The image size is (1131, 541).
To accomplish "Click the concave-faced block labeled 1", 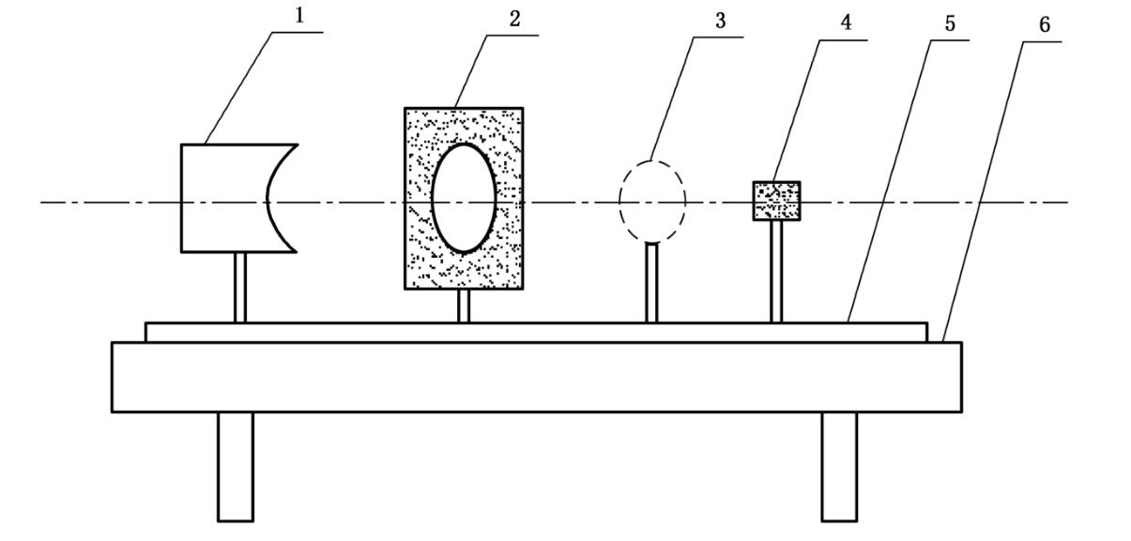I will [x=222, y=198].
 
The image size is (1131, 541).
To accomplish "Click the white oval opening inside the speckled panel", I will [x=464, y=198].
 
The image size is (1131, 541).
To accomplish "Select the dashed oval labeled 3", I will [x=652, y=199].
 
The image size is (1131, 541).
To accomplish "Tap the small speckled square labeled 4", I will [x=776, y=201].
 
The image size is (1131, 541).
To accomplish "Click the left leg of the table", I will [x=235, y=466].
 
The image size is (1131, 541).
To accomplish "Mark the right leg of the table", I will [x=839, y=466].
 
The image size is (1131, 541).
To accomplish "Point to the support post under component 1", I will [x=240, y=287].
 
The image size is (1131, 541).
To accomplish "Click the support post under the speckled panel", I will [x=463, y=306].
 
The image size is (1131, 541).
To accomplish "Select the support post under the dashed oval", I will [x=652, y=282].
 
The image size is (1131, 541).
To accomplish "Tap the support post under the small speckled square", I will [x=776, y=271].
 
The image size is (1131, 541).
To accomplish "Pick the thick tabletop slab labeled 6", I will [x=536, y=376].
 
